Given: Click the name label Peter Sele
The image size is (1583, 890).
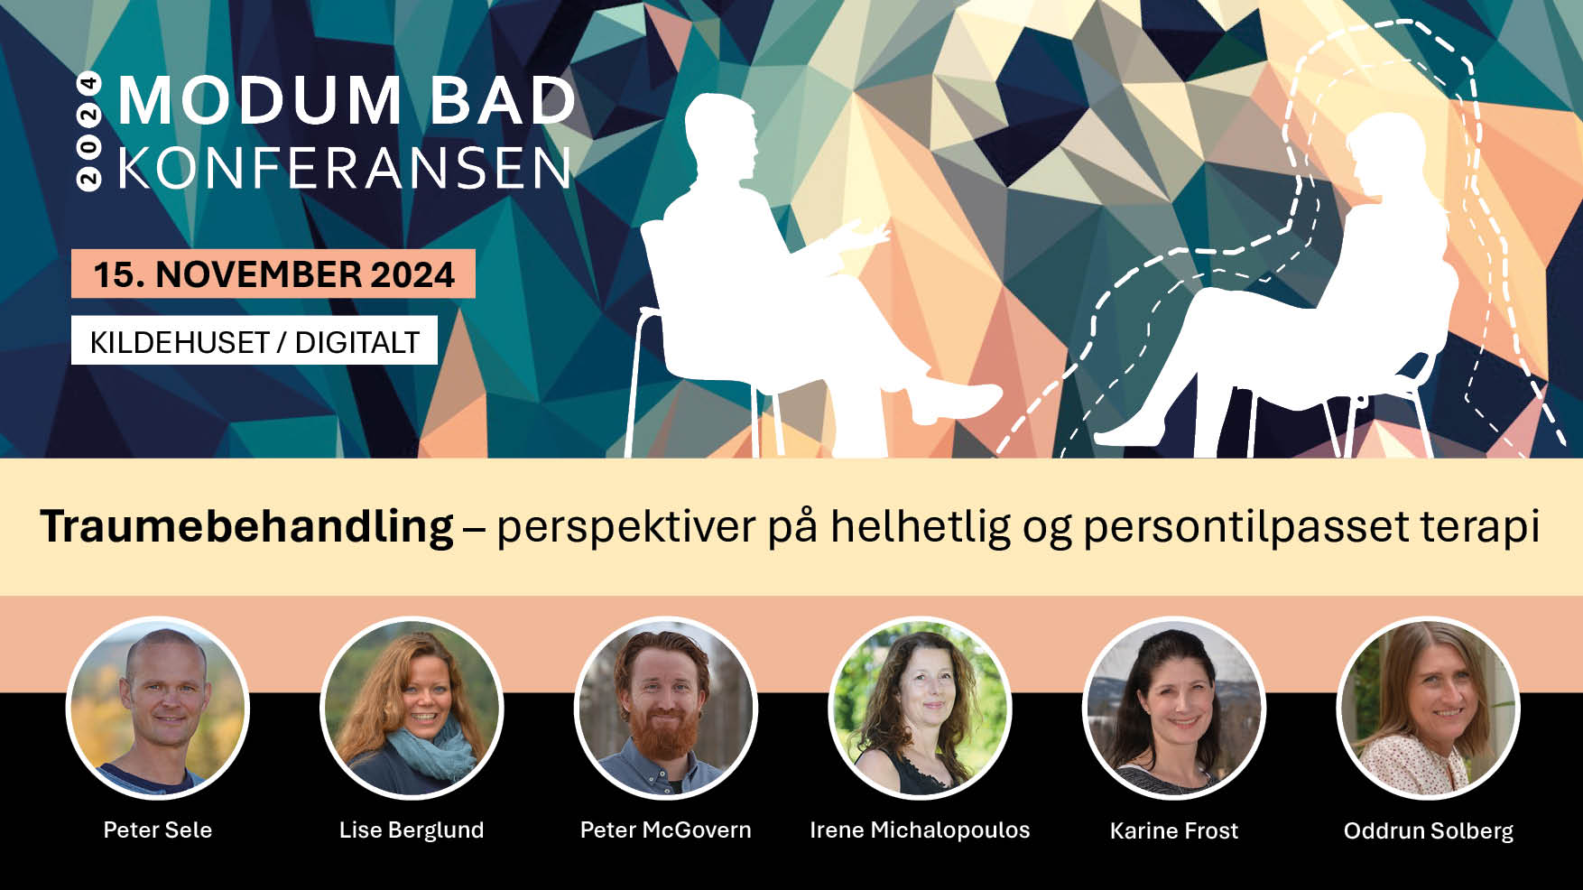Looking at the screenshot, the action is [x=158, y=830].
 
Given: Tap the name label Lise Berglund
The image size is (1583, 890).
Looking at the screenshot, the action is [x=412, y=830].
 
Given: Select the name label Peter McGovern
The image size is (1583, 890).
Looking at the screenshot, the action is [x=666, y=830].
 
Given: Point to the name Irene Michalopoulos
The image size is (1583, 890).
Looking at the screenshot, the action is [x=920, y=830].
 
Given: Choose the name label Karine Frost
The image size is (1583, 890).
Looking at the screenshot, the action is [x=1174, y=830].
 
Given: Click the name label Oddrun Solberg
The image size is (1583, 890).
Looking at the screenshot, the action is [x=1429, y=830].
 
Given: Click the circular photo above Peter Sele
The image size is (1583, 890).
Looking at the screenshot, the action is [x=158, y=709].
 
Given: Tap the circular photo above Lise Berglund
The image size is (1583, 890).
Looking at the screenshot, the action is [x=412, y=709].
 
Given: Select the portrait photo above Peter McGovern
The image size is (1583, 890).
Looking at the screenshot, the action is [x=666, y=709].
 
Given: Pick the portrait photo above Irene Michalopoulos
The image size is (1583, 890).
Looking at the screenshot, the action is [x=920, y=709].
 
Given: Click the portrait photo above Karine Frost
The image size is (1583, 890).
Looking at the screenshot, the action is [x=1174, y=709].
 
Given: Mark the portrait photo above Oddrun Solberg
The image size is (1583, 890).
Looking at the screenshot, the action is [x=1429, y=709].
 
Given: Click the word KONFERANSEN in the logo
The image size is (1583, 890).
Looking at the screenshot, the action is [x=345, y=168].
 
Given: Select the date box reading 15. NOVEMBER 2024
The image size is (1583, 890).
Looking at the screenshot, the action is [x=273, y=273].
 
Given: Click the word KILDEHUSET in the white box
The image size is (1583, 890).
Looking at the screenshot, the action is [x=180, y=343].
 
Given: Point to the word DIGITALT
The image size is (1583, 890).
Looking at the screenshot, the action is [x=357, y=343].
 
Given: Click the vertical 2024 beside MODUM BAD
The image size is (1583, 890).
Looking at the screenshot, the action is [x=88, y=131].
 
